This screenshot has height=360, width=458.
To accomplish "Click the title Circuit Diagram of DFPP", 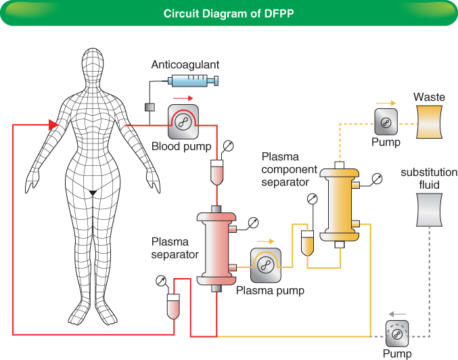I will [x=229, y=14].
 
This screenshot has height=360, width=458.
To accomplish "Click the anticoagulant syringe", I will [x=193, y=82].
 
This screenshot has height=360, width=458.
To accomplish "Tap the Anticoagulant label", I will [x=185, y=65].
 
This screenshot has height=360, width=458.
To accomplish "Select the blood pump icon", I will [x=183, y=121].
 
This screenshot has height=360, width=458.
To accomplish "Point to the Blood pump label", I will [x=181, y=146].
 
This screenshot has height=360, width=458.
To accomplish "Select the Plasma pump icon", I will [x=266, y=265].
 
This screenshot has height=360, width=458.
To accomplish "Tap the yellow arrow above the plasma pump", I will [x=265, y=240].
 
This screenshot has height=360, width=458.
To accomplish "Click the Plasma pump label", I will [x=270, y=290].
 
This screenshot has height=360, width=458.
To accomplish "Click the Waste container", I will [x=430, y=122].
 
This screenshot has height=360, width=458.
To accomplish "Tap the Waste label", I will [x=430, y=97].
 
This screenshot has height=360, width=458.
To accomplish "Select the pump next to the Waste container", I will [x=386, y=122].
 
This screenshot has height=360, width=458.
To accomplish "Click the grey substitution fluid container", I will [x=430, y=210].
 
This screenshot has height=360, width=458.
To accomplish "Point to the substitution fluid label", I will [x=429, y=178].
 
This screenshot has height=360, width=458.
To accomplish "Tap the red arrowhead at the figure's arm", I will [x=52, y=125].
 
